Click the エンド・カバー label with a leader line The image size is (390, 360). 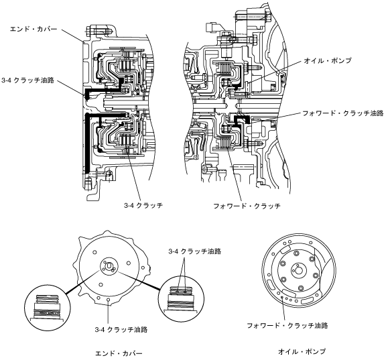tap(34, 29)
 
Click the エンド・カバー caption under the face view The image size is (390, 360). tap(119, 353)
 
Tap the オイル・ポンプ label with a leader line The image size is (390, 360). tap(328, 60)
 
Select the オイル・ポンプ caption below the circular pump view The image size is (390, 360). tap(302, 351)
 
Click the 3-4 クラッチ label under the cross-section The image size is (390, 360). tap(143, 205)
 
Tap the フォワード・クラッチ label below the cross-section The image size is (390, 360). tap(247, 206)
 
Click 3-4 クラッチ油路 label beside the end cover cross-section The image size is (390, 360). tap(27, 80)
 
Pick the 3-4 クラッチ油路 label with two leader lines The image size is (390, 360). tap(195, 251)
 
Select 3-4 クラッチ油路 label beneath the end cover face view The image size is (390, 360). tap(121, 330)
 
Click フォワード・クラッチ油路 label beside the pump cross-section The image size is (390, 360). tap(342, 113)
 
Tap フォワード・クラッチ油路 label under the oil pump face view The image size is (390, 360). tap(287, 325)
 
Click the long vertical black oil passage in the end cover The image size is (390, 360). tap(87, 143)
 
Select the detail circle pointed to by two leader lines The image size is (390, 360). tap(181, 299)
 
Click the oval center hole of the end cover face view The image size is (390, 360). tap(109, 266)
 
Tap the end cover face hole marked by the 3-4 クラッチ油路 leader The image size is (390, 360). tap(108, 300)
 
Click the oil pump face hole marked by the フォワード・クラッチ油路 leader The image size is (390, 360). tap(282, 297)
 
